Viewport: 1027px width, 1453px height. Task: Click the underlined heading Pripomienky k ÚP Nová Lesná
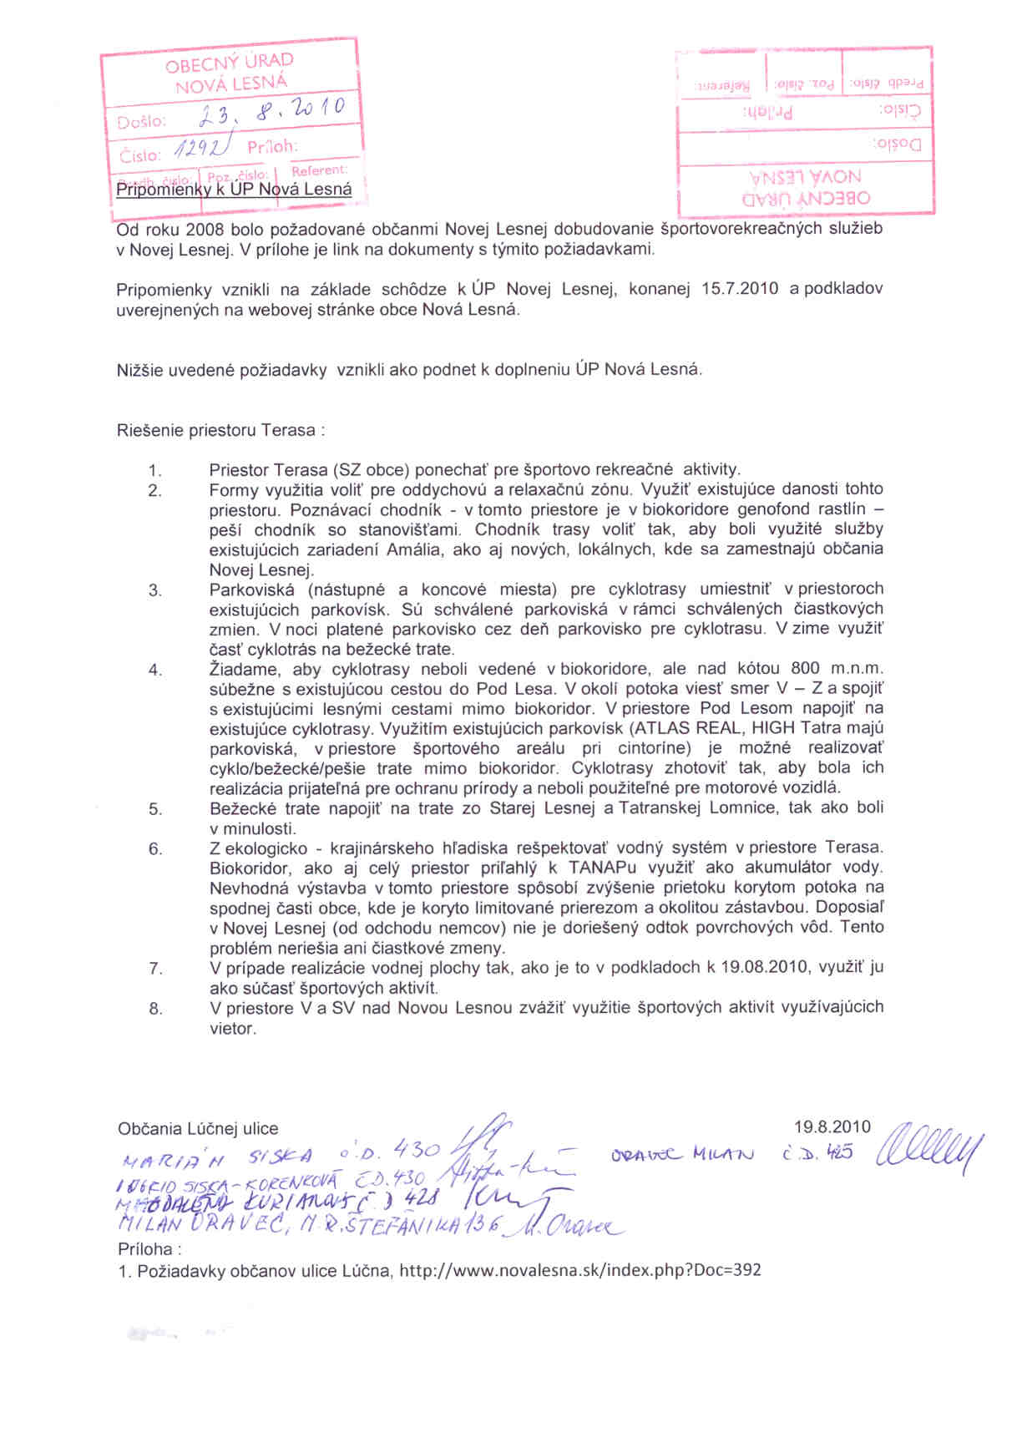click(234, 190)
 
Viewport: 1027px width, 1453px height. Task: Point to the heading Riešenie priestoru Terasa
click(220, 431)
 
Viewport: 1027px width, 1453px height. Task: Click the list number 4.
click(155, 670)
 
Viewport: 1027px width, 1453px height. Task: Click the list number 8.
click(155, 1009)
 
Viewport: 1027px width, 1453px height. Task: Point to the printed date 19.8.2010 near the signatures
click(832, 1127)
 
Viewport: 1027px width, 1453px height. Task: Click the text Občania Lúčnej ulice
click(198, 1129)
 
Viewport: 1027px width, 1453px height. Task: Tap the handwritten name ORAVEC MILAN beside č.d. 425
click(682, 1155)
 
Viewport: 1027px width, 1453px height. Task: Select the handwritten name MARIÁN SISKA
click(217, 1157)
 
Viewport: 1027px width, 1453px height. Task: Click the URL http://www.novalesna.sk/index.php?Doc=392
click(580, 1271)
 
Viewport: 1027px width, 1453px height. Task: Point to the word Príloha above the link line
click(145, 1250)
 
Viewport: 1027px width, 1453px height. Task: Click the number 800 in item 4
click(805, 669)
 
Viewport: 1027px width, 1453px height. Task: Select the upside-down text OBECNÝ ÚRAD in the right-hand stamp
click(806, 198)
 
